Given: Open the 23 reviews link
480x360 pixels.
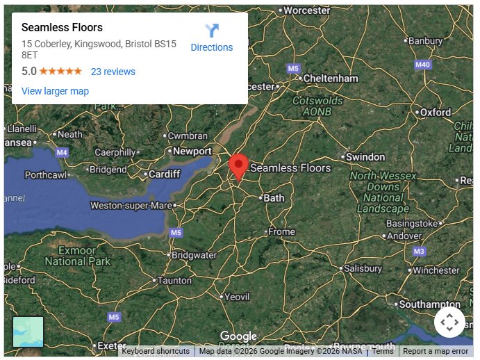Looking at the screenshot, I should coord(113,72).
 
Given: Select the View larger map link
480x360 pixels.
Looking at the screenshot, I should coord(55,91).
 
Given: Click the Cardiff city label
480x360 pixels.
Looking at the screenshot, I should coord(165,174).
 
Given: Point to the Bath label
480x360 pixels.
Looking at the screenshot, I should coord(274,198).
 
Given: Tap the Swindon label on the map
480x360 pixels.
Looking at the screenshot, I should coord(365,157).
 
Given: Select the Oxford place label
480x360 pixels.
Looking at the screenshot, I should coord(436,112).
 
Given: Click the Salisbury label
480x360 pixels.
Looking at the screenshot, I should coord(363,268).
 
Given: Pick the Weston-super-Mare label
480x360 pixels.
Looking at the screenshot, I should coord(131,206).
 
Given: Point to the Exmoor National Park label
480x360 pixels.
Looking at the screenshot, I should coord(77,256).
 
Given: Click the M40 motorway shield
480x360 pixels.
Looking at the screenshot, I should coord(422,65).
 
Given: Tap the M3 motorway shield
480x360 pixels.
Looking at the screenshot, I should coord(418,251).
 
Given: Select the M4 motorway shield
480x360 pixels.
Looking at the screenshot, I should coord(63,152).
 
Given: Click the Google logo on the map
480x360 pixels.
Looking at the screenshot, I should coord(238,337).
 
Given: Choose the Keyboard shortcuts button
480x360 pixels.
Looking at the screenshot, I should coord(156,352).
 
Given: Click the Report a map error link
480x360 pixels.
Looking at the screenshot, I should coord(436,352).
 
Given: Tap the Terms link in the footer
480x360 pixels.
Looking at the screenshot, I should coord(383,352).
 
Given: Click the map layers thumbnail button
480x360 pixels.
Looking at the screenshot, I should coord(28,332).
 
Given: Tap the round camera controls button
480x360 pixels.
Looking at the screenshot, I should coord(449,322).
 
